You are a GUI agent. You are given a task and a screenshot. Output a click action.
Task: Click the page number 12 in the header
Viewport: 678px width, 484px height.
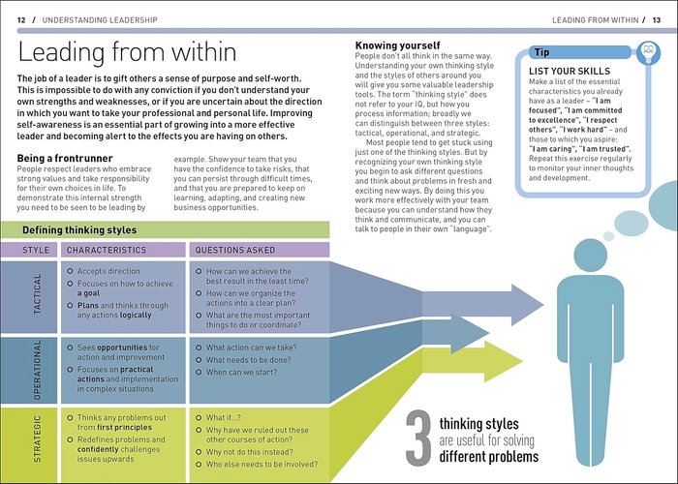[x=21, y=20]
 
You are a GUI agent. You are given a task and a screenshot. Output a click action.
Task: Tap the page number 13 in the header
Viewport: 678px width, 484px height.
[x=657, y=20]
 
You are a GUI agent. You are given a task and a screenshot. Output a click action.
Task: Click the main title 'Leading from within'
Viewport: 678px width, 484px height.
[x=127, y=52]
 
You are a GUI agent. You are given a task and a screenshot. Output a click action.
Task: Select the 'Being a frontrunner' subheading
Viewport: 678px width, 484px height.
[x=65, y=158]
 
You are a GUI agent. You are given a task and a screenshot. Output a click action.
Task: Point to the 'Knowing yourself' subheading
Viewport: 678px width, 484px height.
[x=397, y=45]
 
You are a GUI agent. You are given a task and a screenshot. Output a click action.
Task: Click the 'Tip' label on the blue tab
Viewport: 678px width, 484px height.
[x=541, y=52]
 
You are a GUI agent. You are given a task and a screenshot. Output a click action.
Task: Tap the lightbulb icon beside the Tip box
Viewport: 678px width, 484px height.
[x=648, y=52]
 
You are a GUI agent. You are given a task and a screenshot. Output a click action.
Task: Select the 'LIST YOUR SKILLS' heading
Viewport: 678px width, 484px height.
[x=570, y=72]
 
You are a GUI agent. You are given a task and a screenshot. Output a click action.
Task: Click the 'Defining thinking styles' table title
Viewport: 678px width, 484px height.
[x=79, y=230]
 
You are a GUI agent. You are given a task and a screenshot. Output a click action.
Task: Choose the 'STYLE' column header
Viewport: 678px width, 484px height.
[x=36, y=250]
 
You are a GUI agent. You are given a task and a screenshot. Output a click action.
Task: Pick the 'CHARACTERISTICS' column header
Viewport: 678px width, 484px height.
[x=107, y=250]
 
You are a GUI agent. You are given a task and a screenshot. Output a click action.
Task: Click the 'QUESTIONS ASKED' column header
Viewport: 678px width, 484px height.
[x=234, y=250]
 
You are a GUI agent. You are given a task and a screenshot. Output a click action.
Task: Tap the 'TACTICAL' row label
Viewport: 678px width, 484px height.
[x=38, y=294]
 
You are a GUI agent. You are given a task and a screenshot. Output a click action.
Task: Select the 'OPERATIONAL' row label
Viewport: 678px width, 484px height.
[x=38, y=370]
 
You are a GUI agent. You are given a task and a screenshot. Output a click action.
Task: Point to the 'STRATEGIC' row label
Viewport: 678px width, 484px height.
[x=38, y=439]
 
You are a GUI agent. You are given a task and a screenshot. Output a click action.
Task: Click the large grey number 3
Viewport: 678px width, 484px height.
[x=418, y=439]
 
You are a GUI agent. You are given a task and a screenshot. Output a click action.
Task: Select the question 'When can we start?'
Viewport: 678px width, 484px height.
[x=241, y=372]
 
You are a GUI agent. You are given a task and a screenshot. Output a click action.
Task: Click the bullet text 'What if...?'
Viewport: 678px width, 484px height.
[x=223, y=417]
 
